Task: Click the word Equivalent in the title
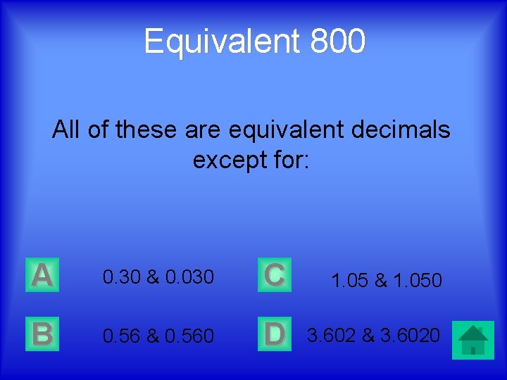[222, 41]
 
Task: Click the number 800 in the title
[337, 41]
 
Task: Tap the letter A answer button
[42, 275]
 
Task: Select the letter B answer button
[42, 334]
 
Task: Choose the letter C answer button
[274, 275]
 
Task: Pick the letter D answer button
[274, 334]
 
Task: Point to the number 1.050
[416, 281]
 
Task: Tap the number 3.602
[331, 334]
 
